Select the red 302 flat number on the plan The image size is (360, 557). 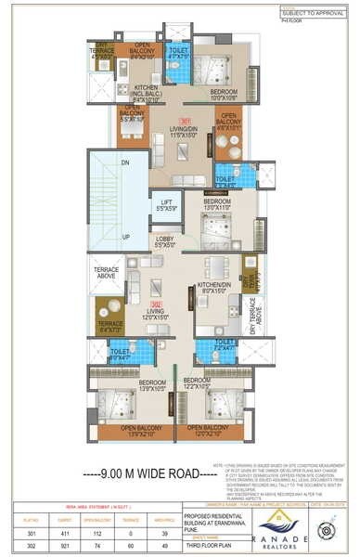(158, 304)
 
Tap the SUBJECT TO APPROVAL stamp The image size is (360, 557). (313, 11)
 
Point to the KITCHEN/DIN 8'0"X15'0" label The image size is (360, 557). (213, 288)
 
